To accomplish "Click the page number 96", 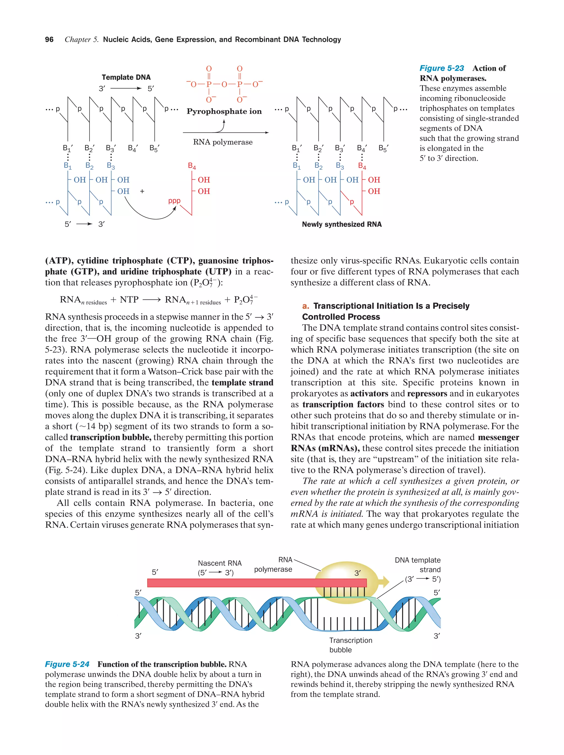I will point(49,40).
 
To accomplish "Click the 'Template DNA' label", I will point(126,77).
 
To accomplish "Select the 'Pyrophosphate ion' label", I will point(224,111).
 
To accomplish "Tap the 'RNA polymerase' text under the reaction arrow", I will point(223,142).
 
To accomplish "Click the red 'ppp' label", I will point(174,201).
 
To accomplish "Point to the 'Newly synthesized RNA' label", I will point(341,224).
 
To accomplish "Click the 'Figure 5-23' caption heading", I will point(441,68).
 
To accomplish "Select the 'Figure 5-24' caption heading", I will point(67,664).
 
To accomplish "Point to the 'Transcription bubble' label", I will point(350,645).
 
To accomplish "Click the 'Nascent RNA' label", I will point(219,563).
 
